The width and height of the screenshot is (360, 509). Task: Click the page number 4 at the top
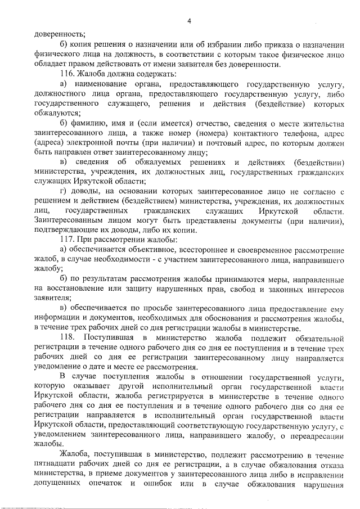tap(190, 21)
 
